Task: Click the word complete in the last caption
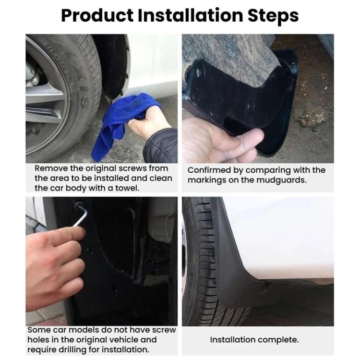[280, 340]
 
